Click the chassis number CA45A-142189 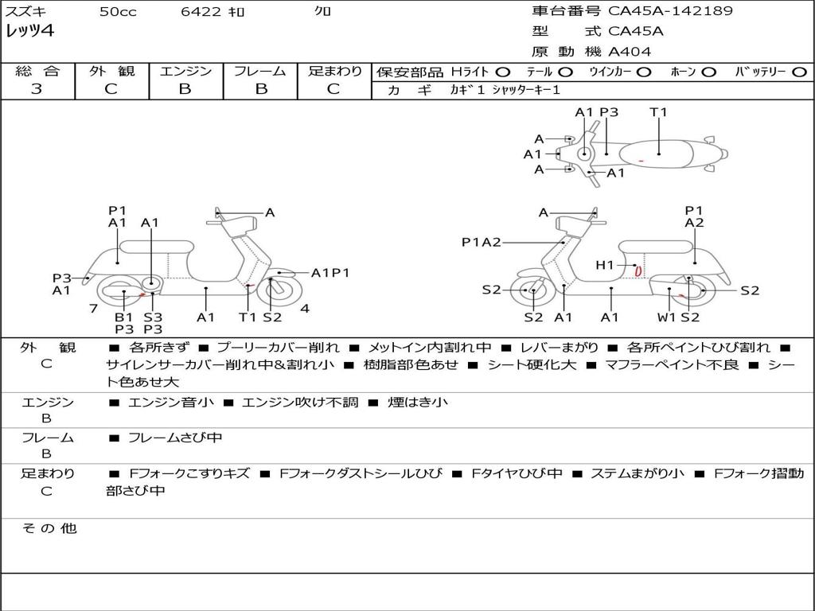click(x=670, y=11)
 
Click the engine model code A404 click(x=630, y=52)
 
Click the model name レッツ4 click(x=29, y=32)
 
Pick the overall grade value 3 click(x=37, y=89)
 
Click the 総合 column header click(x=37, y=72)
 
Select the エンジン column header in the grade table click(x=185, y=72)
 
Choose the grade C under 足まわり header click(x=333, y=89)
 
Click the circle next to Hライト click(x=503, y=72)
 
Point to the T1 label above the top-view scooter click(x=658, y=112)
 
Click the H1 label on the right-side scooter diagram click(x=605, y=265)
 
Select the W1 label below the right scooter click(x=667, y=318)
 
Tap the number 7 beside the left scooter click(x=93, y=308)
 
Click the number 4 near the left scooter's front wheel click(x=305, y=308)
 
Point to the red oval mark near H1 click(x=638, y=271)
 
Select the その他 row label click(x=49, y=528)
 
